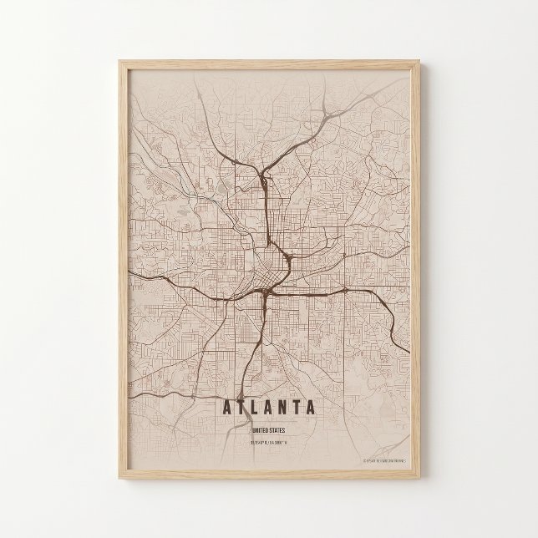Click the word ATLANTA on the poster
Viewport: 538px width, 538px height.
[x=268, y=409]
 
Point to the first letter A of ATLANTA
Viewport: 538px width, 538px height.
[x=226, y=409]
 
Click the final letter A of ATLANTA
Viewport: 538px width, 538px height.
[x=311, y=409]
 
